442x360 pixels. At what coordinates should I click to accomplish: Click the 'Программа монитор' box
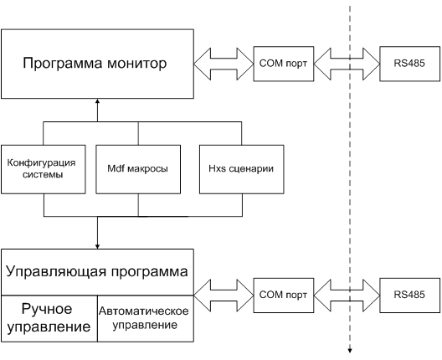(x=98, y=64)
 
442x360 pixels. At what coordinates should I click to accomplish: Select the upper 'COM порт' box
(x=284, y=64)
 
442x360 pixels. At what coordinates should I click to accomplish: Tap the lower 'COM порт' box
(x=284, y=296)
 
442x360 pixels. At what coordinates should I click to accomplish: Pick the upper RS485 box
(x=410, y=64)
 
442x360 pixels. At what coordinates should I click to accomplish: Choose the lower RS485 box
(x=410, y=296)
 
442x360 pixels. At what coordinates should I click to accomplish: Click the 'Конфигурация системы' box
(x=44, y=169)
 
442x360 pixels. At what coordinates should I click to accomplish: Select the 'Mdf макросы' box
(x=138, y=169)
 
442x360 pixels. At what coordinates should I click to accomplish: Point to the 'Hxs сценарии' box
(x=242, y=169)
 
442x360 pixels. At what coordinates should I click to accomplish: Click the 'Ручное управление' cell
(x=49, y=319)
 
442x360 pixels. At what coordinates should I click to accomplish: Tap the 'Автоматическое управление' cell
(x=146, y=319)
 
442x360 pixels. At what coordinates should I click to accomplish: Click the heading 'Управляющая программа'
(x=97, y=272)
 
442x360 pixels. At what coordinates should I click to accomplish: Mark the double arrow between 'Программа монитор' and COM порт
(x=224, y=64)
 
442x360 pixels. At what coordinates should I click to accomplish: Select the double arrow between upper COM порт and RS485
(x=347, y=64)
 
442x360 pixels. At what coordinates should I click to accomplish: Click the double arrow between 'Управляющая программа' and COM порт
(x=224, y=296)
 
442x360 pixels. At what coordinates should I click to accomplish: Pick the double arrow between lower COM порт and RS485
(x=347, y=296)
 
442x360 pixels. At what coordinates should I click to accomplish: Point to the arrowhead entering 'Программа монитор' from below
(x=98, y=101)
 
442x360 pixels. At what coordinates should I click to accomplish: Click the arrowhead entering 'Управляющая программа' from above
(x=98, y=246)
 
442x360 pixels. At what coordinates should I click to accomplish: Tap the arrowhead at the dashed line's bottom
(x=350, y=351)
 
